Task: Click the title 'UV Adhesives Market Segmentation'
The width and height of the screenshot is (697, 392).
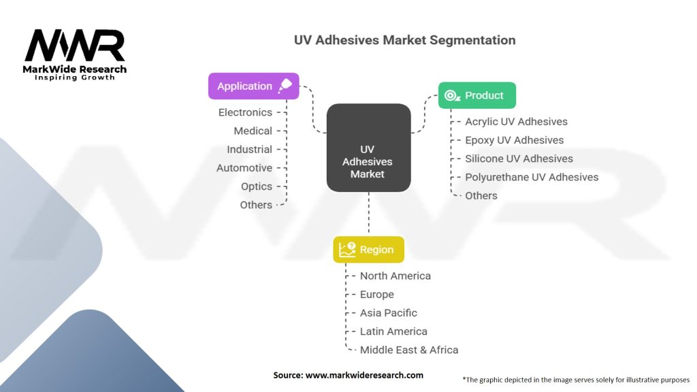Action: [404, 39]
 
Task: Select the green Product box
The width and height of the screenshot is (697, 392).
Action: [476, 95]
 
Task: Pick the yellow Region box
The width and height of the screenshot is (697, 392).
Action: [368, 250]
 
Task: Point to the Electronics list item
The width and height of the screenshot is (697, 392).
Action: [245, 112]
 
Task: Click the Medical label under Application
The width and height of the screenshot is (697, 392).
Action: [253, 131]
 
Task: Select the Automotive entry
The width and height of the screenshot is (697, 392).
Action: [244, 167]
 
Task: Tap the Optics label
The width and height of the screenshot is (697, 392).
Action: [256, 186]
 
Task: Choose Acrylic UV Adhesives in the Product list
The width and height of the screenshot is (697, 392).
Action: [516, 121]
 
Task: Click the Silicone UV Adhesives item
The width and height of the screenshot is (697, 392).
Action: [519, 159]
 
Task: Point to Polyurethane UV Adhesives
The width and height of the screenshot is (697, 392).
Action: [532, 177]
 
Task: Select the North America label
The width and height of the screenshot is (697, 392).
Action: [395, 276]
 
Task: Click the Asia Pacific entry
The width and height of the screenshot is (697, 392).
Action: [388, 312]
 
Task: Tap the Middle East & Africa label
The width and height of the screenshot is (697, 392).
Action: [408, 350]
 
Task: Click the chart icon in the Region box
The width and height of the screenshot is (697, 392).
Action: [348, 249]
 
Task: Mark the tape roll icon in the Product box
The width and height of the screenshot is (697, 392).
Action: [451, 95]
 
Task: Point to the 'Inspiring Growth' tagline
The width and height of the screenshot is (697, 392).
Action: [75, 78]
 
